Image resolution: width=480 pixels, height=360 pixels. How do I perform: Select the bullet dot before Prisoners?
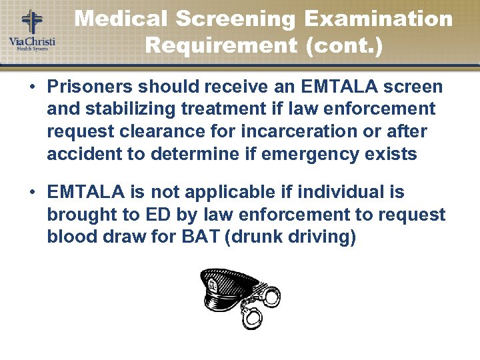31,87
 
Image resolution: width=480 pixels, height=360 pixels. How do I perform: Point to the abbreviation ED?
150,215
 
